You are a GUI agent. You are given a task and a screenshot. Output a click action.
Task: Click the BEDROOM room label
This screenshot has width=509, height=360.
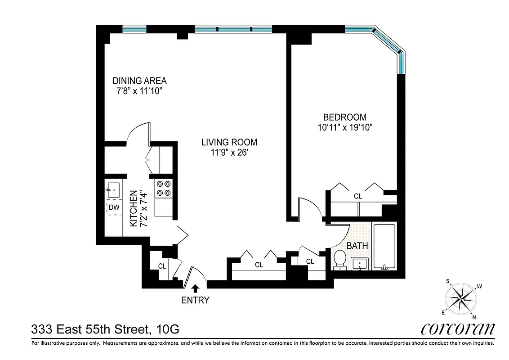(346, 117)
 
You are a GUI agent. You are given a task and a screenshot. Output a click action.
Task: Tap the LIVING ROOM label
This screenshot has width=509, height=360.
(229, 142)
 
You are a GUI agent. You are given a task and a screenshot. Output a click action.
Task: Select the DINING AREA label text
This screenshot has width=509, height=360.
(139, 81)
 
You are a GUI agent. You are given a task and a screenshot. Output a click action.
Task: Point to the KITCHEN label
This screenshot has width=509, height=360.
(133, 208)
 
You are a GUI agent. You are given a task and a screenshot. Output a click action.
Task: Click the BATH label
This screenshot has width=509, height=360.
(357, 246)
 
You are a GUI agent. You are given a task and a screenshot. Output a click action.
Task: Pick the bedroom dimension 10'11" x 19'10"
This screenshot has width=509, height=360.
(346, 127)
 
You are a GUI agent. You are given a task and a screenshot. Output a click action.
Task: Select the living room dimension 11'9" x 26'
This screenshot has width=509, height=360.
(229, 153)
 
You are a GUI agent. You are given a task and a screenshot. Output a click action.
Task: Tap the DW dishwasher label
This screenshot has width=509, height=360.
(113, 207)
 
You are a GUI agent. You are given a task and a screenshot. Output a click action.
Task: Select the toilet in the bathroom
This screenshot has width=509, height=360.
(339, 260)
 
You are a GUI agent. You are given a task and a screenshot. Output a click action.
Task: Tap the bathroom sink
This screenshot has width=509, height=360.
(359, 264)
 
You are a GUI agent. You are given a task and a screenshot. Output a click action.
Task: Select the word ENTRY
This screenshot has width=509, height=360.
(195, 300)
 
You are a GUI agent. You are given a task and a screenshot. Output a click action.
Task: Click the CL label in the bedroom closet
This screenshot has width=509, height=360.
(358, 196)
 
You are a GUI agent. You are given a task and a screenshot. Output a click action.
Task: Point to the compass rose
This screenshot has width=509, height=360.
(461, 298)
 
